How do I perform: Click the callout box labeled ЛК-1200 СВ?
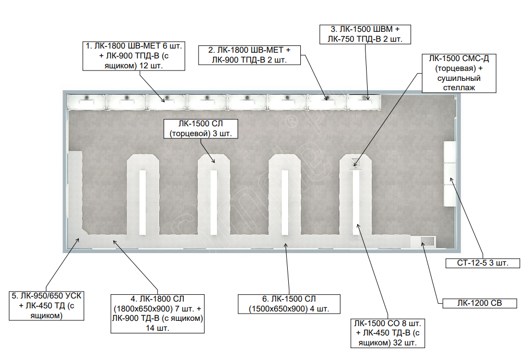pos(479,303)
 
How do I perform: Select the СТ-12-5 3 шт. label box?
pos(483,263)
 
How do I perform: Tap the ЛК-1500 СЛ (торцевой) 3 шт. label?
pos(201,128)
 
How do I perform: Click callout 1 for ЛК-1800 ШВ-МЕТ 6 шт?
pos(134,56)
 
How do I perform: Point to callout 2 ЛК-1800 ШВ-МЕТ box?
pos(249,55)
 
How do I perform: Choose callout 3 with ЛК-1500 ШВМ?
pos(365,34)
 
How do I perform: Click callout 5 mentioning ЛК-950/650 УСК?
pos(46,306)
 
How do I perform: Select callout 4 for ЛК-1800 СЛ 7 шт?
pos(158,314)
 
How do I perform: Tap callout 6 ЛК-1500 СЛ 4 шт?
pos(289,304)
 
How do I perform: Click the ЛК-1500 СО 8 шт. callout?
pos(387,333)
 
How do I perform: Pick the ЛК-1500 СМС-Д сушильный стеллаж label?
pos(459,73)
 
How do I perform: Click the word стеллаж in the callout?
pos(459,88)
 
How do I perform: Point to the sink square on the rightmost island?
pos(356,162)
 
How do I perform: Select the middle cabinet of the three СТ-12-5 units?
pos(450,174)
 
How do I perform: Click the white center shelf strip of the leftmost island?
pos(143,202)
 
